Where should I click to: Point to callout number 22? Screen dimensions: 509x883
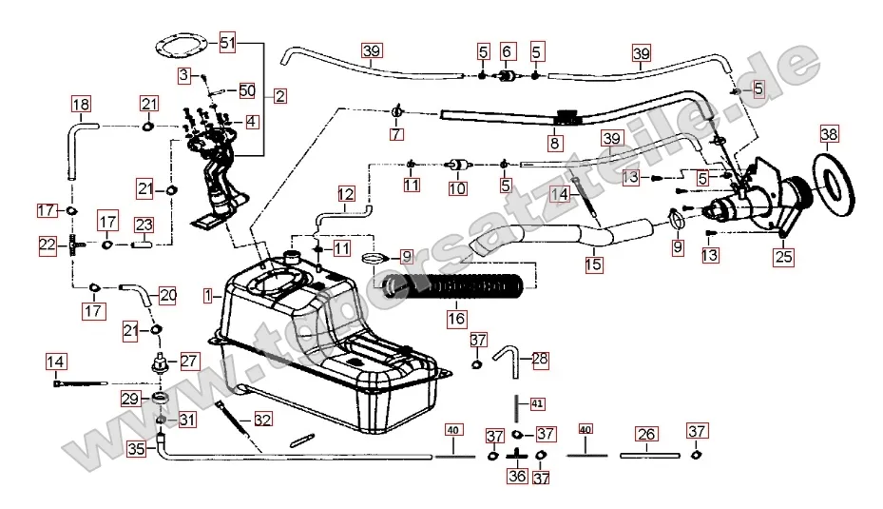point(48,245)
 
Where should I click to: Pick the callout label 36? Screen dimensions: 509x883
point(516,477)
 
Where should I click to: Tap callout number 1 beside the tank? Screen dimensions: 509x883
point(207,296)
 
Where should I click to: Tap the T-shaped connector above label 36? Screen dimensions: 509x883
point(516,457)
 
